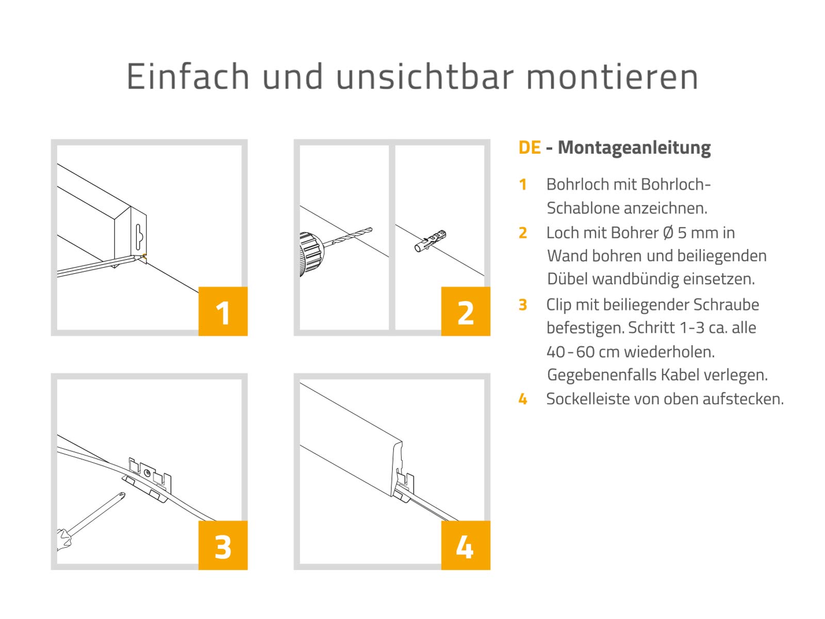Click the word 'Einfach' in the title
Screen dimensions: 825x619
[188, 76]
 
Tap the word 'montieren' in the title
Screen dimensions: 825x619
[612, 77]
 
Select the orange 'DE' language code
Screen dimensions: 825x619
[530, 148]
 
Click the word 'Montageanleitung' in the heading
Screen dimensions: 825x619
[634, 148]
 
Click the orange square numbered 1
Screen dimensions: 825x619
[223, 311]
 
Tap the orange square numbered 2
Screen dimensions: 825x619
[466, 311]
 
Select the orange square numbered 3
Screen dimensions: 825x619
[223, 545]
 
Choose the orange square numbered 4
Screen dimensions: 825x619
[466, 545]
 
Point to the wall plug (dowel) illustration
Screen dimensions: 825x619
[431, 240]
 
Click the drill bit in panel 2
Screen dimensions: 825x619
[348, 236]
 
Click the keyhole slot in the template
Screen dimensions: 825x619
[139, 236]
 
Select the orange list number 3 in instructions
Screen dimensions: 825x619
[522, 305]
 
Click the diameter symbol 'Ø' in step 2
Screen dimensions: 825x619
[668, 233]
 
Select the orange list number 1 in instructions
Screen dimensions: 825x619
[522, 185]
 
